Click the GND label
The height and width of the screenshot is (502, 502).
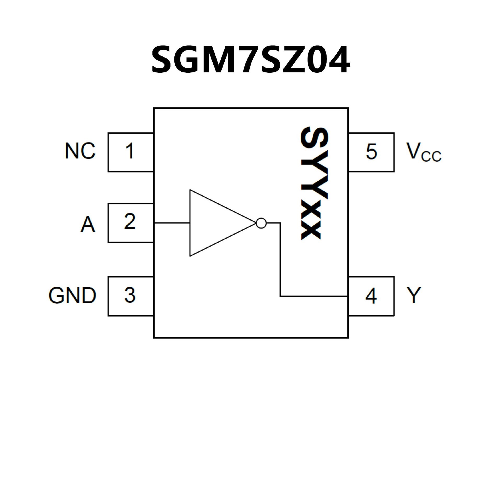72,295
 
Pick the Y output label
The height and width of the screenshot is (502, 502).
414,295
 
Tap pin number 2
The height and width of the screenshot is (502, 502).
130,221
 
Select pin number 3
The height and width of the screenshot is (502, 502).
130,295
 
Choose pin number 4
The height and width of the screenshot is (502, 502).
371,296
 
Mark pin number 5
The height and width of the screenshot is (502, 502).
372,151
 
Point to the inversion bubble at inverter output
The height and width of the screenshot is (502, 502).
261,223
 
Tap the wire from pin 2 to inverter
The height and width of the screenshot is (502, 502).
172,223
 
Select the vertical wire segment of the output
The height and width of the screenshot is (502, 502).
280,259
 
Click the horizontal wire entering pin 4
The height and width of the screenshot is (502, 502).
314,296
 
